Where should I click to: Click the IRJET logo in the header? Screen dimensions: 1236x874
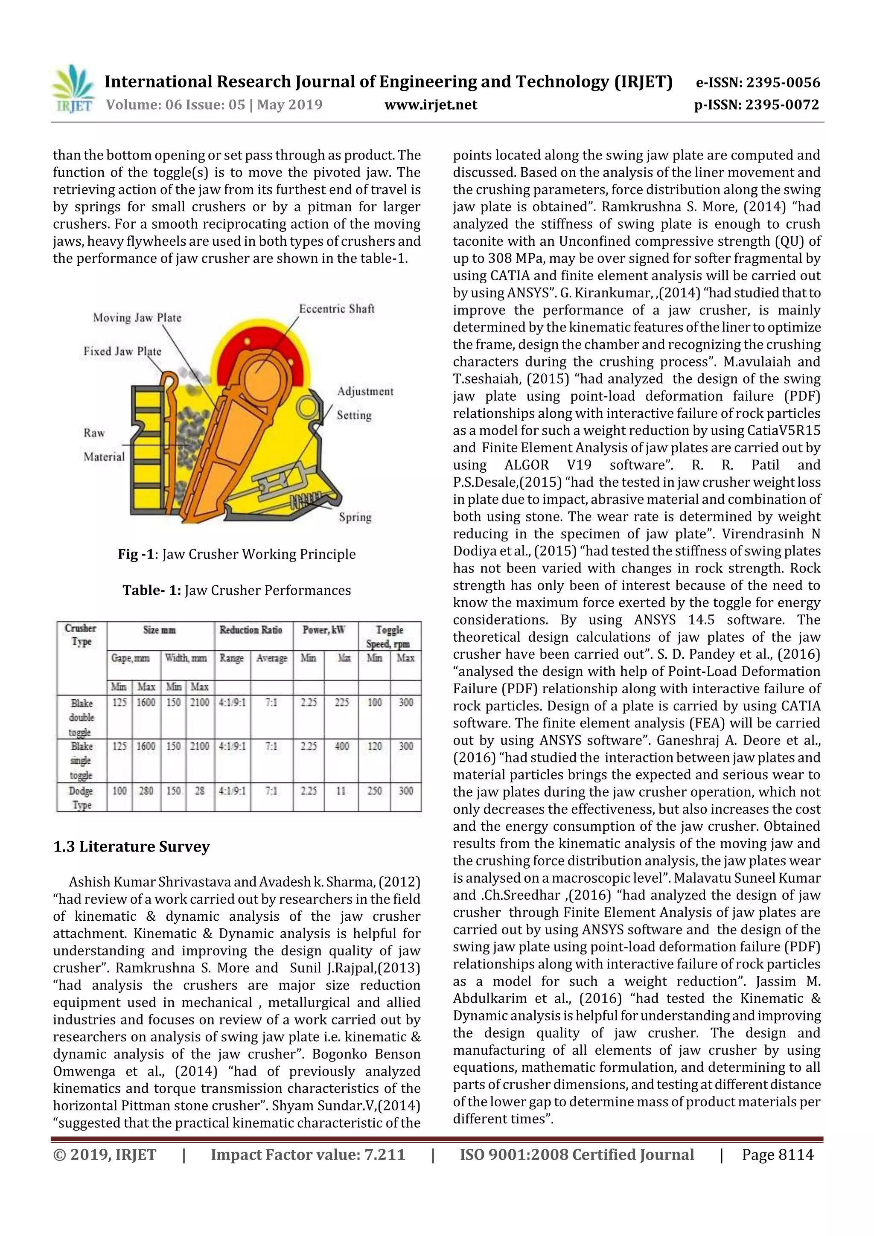[73, 89]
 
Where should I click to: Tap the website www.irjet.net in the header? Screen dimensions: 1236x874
[430, 105]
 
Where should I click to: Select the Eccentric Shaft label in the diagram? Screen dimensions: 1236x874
[337, 309]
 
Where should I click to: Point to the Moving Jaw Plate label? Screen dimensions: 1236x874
[137, 317]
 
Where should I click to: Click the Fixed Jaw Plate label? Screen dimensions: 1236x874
[122, 352]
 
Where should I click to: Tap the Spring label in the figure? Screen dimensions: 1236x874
[355, 518]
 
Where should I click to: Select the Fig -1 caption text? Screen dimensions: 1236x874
[236, 554]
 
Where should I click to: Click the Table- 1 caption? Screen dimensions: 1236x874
[236, 590]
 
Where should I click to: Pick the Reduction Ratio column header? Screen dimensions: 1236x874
[251, 630]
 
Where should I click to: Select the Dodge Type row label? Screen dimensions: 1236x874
[82, 798]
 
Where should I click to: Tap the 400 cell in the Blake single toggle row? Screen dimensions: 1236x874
[341, 746]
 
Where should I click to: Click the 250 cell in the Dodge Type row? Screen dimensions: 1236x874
[374, 791]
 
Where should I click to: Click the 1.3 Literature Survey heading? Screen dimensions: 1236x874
[131, 847]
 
